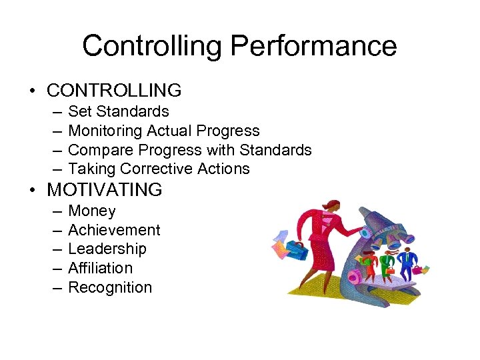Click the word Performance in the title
[313, 47]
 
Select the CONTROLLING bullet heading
[114, 90]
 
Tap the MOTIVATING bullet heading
[105, 189]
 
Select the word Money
[92, 211]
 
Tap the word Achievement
[114, 230]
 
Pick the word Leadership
[107, 249]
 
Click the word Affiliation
[100, 268]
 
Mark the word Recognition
[110, 287]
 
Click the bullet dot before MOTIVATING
[33, 191]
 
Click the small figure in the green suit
[385, 263]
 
